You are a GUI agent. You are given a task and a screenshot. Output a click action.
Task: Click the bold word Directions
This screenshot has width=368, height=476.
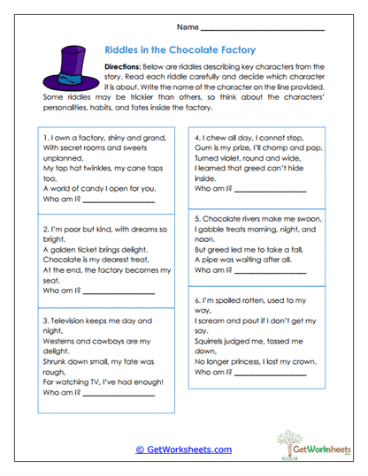[x=128, y=66]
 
